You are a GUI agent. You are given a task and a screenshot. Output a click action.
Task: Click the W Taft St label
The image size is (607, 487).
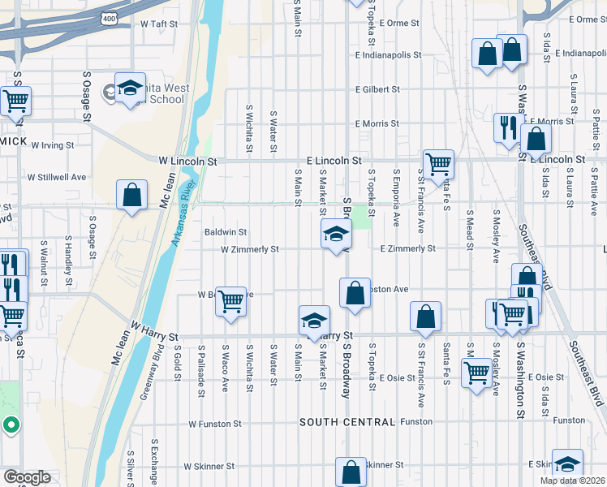tap(158, 24)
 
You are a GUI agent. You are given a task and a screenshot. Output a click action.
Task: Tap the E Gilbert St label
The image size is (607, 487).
tap(377, 89)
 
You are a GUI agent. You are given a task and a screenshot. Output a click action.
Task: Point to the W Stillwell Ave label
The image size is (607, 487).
tap(57, 176)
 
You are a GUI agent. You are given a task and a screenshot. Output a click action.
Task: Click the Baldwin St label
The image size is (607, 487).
tap(225, 232)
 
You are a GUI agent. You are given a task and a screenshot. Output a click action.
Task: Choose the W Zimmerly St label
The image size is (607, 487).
tap(252, 249)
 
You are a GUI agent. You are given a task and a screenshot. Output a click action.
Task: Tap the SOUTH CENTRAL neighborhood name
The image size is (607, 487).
tap(347, 422)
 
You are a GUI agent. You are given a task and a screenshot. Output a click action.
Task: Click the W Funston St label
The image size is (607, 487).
tap(215, 424)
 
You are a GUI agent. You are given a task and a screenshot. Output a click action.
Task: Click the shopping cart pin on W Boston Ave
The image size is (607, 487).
tap(231, 302)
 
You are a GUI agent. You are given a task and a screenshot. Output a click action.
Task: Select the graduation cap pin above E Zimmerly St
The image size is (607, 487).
tap(336, 235)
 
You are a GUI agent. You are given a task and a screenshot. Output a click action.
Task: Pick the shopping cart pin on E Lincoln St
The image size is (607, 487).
tap(438, 163)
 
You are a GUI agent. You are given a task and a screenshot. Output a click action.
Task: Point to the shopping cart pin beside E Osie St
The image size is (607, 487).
tap(476, 373)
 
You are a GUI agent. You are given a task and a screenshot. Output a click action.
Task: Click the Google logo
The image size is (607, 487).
tap(26, 478)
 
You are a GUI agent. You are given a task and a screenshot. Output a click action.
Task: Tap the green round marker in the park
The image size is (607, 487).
tap(11, 425)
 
